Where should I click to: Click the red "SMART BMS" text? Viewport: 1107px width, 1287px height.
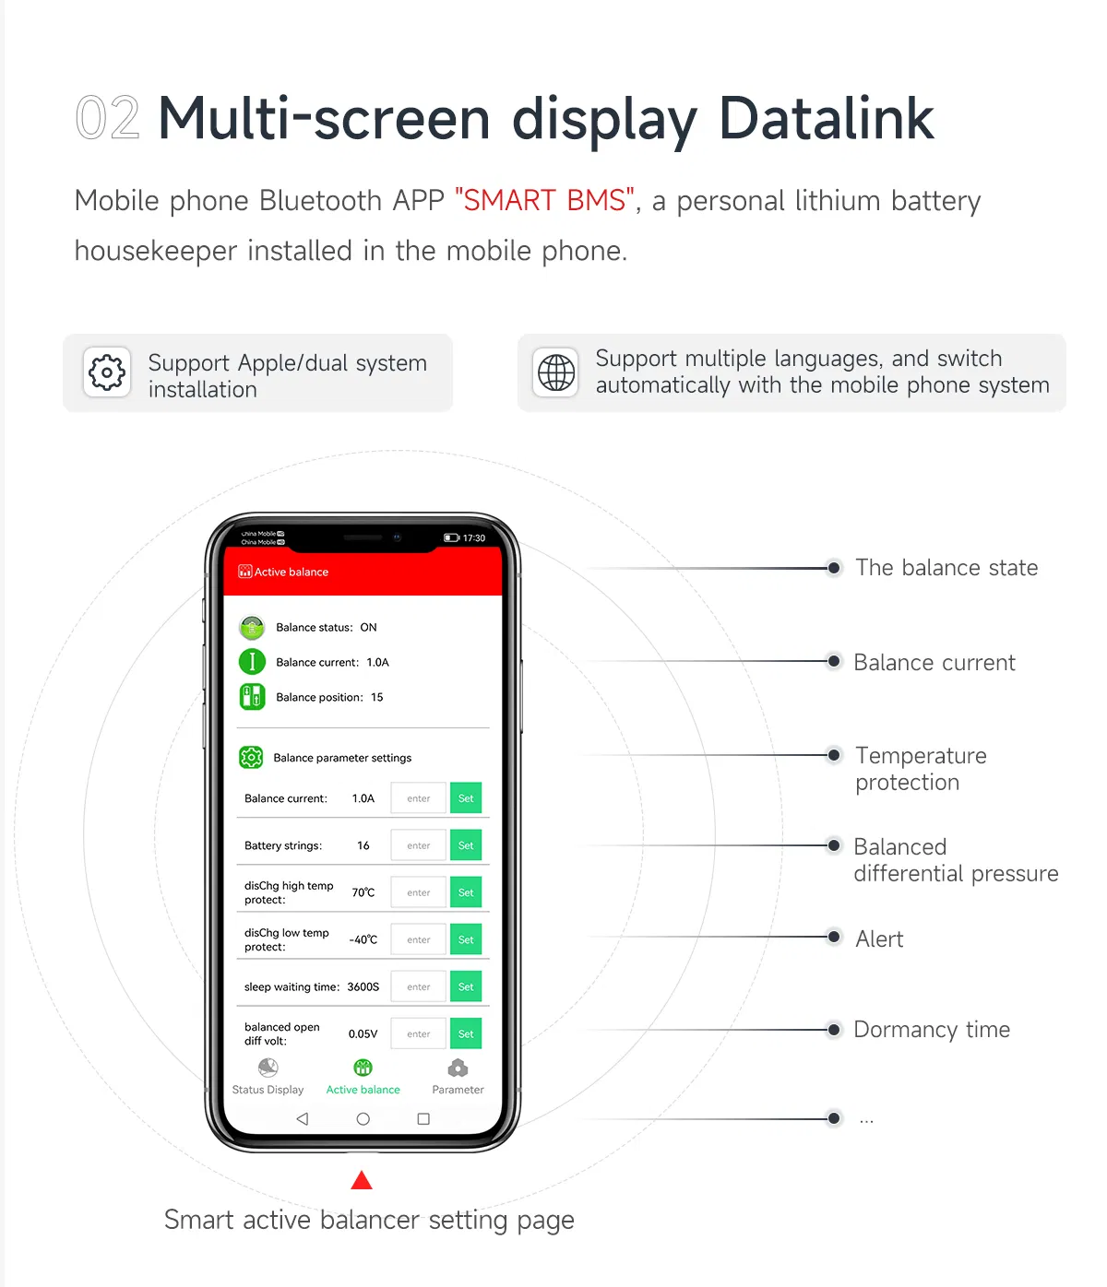pyautogui.click(x=544, y=200)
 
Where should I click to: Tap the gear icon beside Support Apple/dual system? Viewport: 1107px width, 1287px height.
pyautogui.click(x=107, y=372)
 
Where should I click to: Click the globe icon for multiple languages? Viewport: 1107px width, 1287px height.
pyautogui.click(x=556, y=372)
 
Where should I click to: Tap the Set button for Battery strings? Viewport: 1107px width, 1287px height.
pyautogui.click(x=466, y=845)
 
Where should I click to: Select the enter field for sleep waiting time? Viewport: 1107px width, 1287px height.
pyautogui.click(x=419, y=986)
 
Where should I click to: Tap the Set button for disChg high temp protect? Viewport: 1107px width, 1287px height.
pyautogui.click(x=466, y=892)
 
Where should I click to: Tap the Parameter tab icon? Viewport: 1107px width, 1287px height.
pyautogui.click(x=458, y=1069)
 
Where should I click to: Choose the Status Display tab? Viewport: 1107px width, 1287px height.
pyautogui.click(x=268, y=1077)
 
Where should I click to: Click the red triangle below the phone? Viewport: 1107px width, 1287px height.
pyautogui.click(x=362, y=1181)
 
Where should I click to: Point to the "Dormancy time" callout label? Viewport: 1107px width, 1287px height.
pyautogui.click(x=932, y=1030)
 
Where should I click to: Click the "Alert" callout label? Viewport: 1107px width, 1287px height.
pyautogui.click(x=879, y=939)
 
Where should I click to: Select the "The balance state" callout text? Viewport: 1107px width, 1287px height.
pyautogui.click(x=946, y=568)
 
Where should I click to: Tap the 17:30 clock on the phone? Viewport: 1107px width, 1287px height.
pyautogui.click(x=474, y=538)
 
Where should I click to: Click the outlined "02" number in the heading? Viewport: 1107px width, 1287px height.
pyautogui.click(x=107, y=119)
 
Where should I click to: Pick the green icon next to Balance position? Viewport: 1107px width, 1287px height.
pyautogui.click(x=252, y=697)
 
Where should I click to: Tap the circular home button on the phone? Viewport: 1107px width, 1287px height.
pyautogui.click(x=363, y=1119)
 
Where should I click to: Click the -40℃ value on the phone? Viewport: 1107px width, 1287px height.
pyautogui.click(x=363, y=939)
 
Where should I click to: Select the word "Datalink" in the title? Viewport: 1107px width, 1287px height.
pyautogui.click(x=826, y=119)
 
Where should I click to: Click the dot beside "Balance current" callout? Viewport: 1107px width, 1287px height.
pyautogui.click(x=834, y=661)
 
